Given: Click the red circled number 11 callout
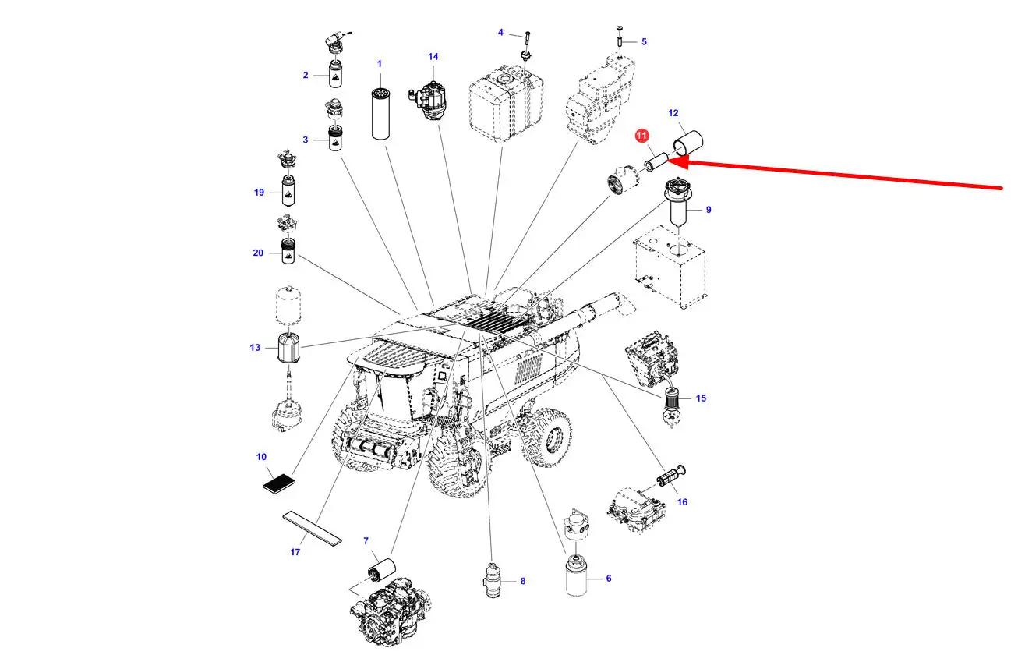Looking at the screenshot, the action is tap(641, 136).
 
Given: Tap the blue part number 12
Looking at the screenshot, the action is tap(673, 113).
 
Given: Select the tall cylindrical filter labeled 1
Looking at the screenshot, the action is tap(380, 113).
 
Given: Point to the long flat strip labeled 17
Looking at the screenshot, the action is tap(313, 528).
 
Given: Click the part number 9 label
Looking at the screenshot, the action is tap(709, 210).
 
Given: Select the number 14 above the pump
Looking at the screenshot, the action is tap(433, 57).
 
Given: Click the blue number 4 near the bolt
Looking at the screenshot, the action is tap(500, 32).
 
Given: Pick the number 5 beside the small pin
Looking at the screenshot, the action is tap(644, 41).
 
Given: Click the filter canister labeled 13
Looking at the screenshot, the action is tap(289, 348).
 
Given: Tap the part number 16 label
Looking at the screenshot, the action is tap(682, 502).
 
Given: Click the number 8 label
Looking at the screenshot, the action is tap(523, 581).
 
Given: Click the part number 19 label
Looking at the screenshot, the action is tap(259, 193).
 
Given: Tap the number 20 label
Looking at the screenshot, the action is tap(258, 253).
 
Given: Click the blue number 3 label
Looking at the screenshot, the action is tap(306, 140).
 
